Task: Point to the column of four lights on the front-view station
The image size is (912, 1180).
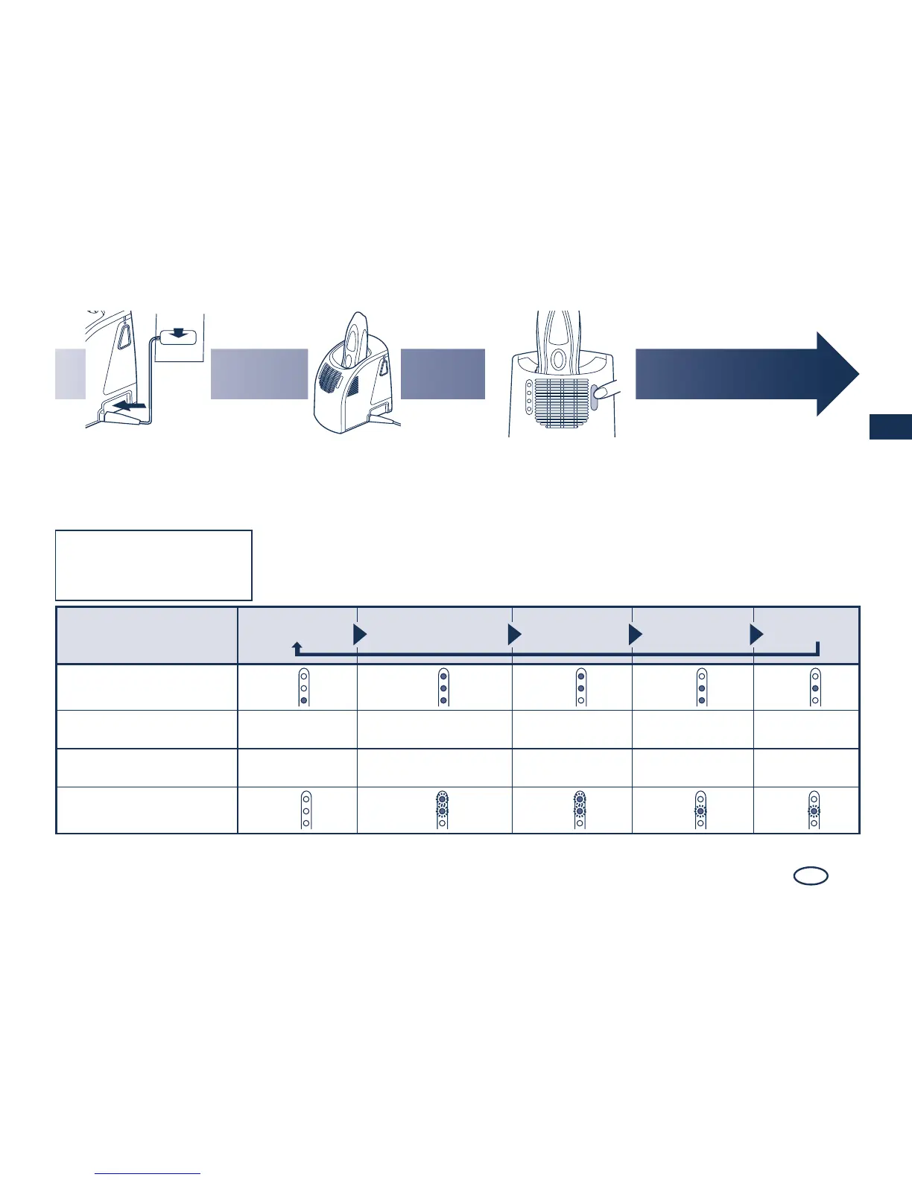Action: (x=528, y=397)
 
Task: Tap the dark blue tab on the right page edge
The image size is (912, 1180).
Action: (x=890, y=428)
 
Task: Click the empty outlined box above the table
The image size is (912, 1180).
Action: (x=153, y=565)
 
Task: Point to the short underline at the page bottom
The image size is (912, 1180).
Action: (x=149, y=1174)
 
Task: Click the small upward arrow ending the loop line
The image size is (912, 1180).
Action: (x=297, y=647)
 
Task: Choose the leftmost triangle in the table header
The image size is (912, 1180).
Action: (x=360, y=635)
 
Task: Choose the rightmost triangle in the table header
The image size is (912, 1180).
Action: (x=756, y=635)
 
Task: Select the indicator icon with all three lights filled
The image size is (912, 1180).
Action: (x=443, y=687)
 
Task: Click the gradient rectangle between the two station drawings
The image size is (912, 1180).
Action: (x=443, y=374)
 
